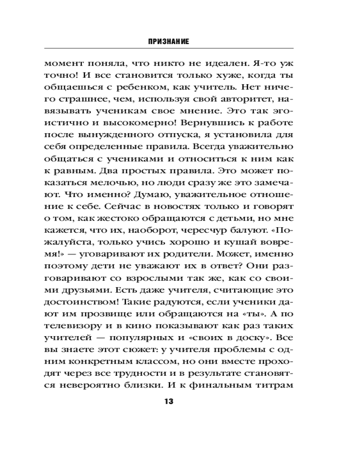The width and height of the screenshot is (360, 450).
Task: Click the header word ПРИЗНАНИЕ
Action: point(168,41)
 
